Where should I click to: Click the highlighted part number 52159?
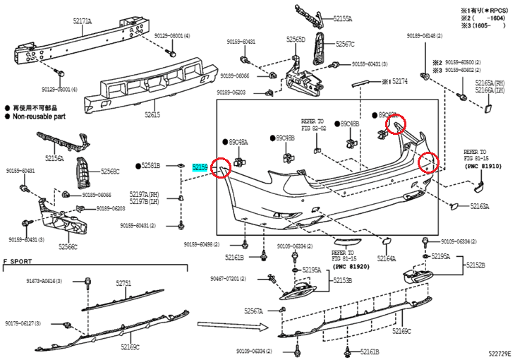point(200,166)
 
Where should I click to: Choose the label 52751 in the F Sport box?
point(123,283)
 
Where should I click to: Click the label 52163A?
point(480,207)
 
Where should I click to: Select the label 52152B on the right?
point(475,265)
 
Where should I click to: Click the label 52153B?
point(343,280)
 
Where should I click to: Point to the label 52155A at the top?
point(343,19)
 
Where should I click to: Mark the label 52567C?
point(345,44)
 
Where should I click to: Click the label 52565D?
point(296,40)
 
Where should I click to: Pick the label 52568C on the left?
point(110,171)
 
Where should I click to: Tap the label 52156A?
point(54,160)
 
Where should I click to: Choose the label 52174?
point(399,81)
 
